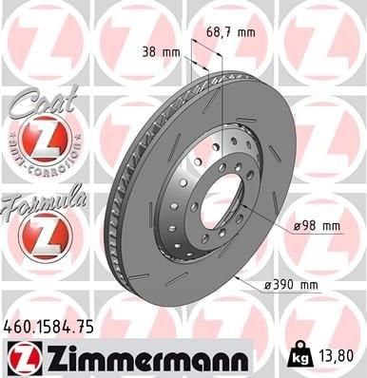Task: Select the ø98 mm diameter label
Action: [x=316, y=225]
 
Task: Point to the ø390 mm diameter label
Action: [x=291, y=283]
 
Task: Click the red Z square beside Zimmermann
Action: [x=19, y=358]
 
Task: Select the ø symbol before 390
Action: [x=268, y=283]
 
